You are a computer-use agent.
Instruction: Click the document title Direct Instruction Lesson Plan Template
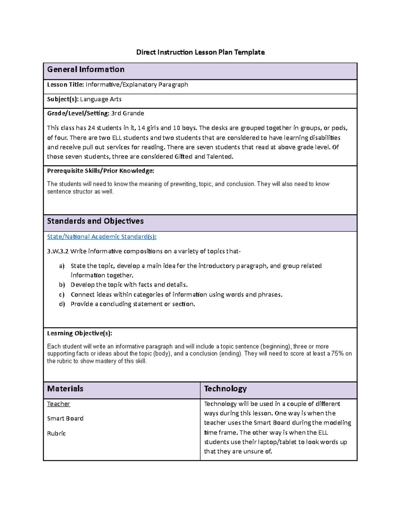[200, 52]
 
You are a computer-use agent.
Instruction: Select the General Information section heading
[86, 69]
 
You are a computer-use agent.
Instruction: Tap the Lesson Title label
[65, 85]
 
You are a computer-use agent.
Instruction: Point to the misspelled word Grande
[133, 113]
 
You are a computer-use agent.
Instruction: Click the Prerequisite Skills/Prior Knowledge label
[100, 171]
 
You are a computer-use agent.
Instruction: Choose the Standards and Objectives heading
[95, 221]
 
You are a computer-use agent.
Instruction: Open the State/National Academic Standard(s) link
[102, 237]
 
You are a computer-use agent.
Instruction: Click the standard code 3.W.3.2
[57, 251]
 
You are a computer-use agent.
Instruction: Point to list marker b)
[62, 285]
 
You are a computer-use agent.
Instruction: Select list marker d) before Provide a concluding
[62, 304]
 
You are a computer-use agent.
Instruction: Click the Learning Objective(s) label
[80, 333]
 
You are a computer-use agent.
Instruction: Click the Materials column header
[65, 389]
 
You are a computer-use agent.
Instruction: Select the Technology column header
[225, 389]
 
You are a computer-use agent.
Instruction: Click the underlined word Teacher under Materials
[58, 404]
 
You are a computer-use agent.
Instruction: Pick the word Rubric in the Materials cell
[56, 434]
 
